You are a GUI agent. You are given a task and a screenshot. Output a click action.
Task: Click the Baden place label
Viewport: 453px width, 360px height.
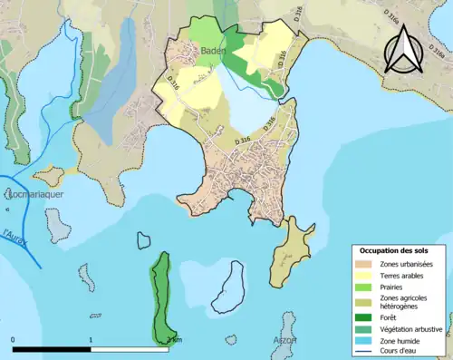pos(212,51)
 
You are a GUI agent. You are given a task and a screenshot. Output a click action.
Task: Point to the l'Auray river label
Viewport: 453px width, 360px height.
pos(14,236)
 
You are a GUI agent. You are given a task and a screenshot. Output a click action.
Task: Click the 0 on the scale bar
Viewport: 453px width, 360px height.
pos(14,340)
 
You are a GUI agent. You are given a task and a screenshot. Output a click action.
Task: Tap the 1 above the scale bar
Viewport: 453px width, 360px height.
pos(92,340)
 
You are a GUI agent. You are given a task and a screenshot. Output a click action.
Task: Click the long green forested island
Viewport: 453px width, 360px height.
pos(162,295)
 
